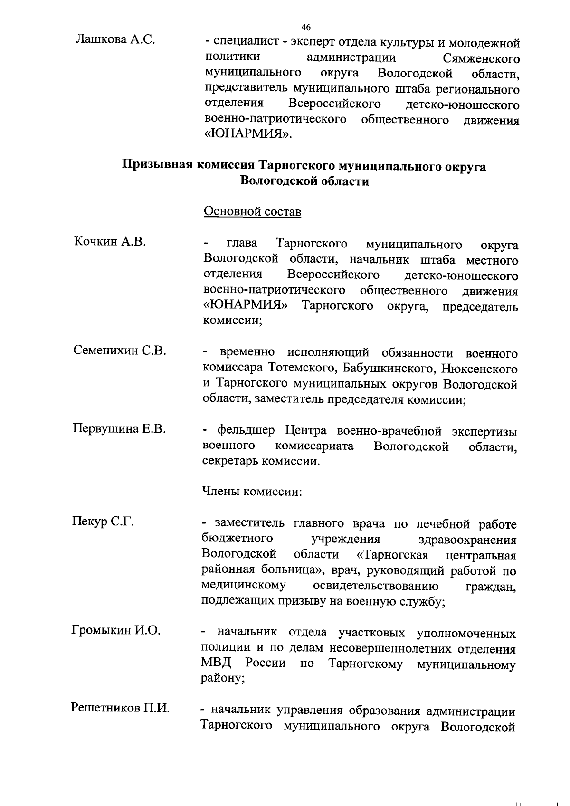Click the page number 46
305,27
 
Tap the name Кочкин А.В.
110,241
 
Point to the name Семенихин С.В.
120,351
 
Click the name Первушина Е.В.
119,429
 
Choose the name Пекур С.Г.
103,522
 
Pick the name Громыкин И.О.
116,630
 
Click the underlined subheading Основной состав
252,211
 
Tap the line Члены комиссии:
252,491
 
